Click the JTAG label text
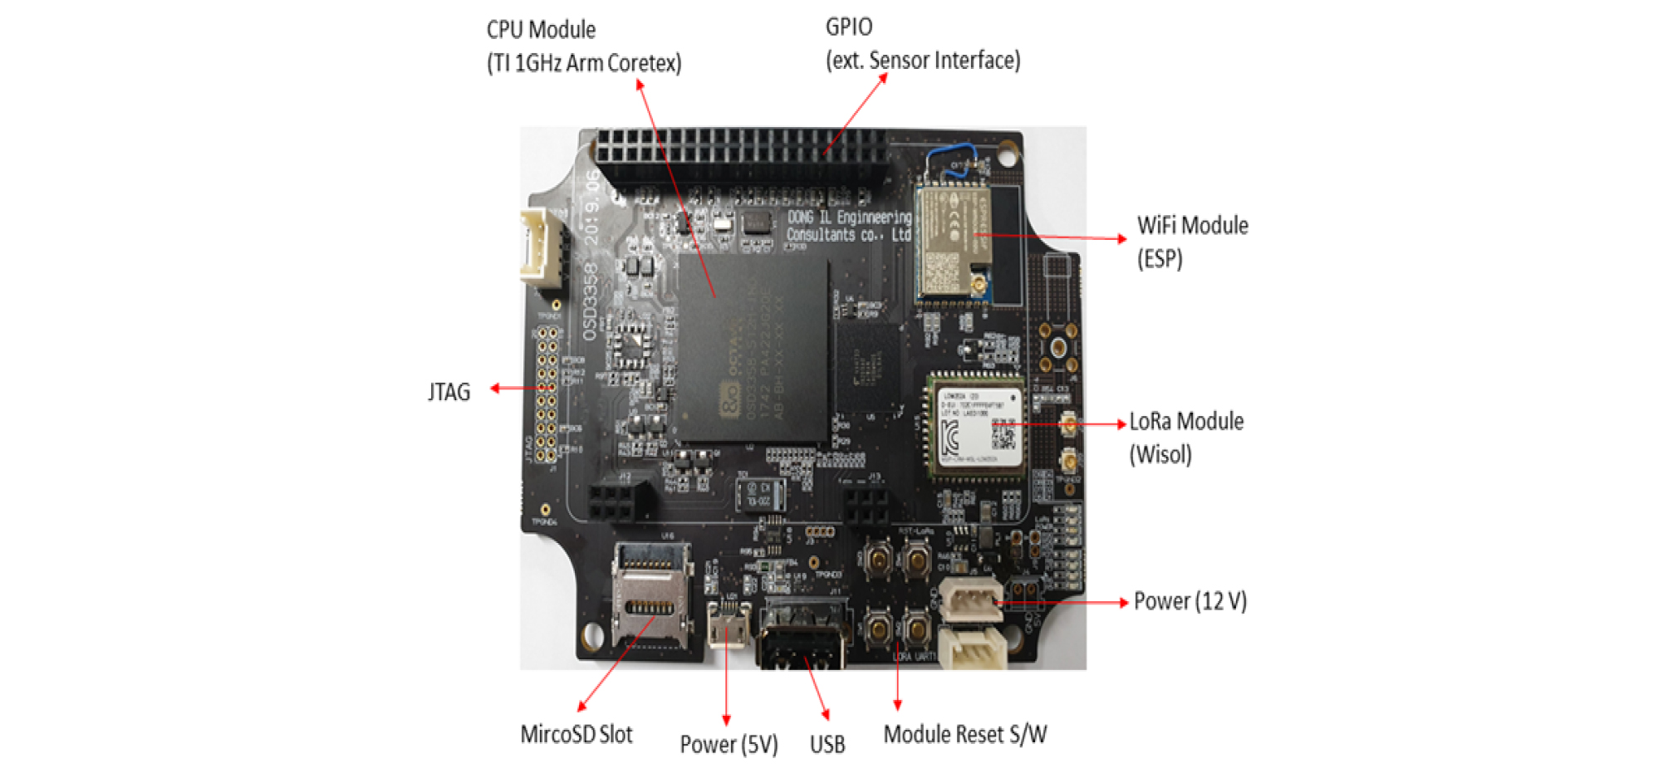449,392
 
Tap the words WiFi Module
1192,226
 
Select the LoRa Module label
1185,422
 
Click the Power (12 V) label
1190,601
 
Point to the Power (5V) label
729,744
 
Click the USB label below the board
827,744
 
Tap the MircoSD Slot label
576,735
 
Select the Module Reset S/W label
964,735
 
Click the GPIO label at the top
848,27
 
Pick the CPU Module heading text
541,30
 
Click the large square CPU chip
753,349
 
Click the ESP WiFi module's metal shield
952,241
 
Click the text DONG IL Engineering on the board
848,218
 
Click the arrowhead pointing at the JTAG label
495,388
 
